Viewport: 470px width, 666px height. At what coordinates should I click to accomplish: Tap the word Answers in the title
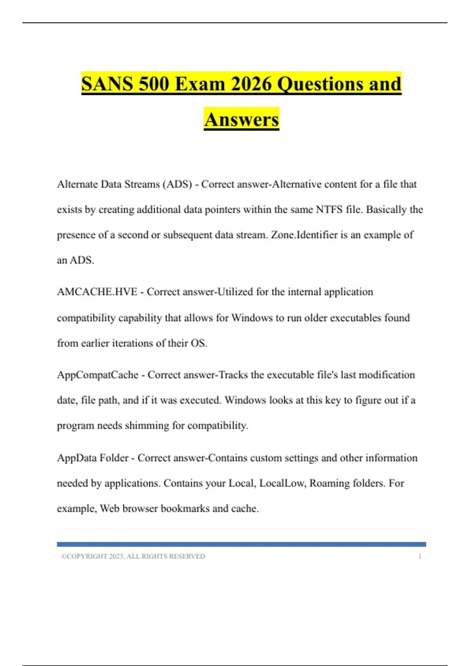click(x=241, y=119)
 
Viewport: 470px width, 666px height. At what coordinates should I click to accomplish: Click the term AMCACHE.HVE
click(x=97, y=292)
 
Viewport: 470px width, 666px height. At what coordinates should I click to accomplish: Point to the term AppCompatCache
click(x=98, y=375)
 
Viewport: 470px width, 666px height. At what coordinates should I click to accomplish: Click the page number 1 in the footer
click(x=419, y=556)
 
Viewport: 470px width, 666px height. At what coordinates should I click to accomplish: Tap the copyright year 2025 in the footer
click(x=116, y=556)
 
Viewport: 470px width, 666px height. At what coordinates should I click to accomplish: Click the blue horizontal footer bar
click(x=241, y=544)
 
